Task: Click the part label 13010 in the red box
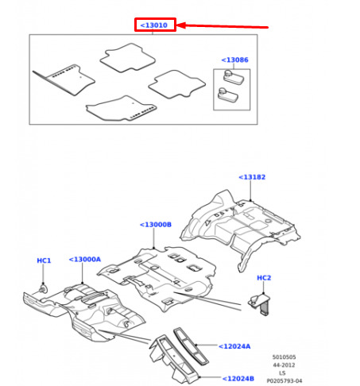[154, 25]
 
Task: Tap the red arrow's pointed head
[177, 25]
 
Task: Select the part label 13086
[234, 60]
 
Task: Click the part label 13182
[252, 177]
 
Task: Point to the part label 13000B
[156, 225]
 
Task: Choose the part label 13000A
[85, 259]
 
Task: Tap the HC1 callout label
[44, 261]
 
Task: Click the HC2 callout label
[264, 278]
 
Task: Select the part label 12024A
[234, 346]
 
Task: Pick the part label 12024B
[238, 379]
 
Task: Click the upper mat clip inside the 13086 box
[233, 77]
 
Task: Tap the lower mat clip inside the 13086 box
[227, 95]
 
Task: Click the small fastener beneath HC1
[43, 289]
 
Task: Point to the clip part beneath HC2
[260, 304]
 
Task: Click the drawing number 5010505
[284, 357]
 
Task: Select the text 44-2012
[284, 365]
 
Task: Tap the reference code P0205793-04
[285, 381]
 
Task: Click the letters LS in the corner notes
[282, 373]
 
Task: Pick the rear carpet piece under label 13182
[240, 228]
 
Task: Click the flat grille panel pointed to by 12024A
[191, 346]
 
